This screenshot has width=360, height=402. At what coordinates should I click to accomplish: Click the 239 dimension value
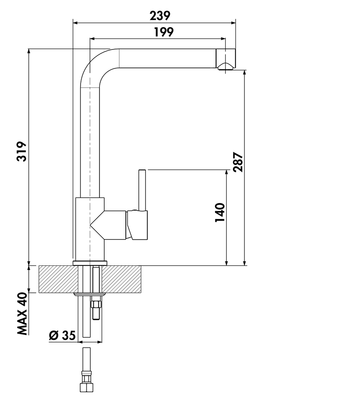[160, 16]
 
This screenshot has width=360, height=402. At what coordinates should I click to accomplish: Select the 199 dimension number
[164, 32]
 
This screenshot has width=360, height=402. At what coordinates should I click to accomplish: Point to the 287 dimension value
[238, 162]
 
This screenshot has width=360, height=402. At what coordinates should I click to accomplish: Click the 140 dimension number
[220, 212]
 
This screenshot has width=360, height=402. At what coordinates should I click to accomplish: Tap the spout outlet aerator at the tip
[226, 66]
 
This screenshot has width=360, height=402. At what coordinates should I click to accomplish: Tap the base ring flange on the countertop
[90, 262]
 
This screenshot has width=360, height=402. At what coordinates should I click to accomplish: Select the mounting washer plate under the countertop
[90, 294]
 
